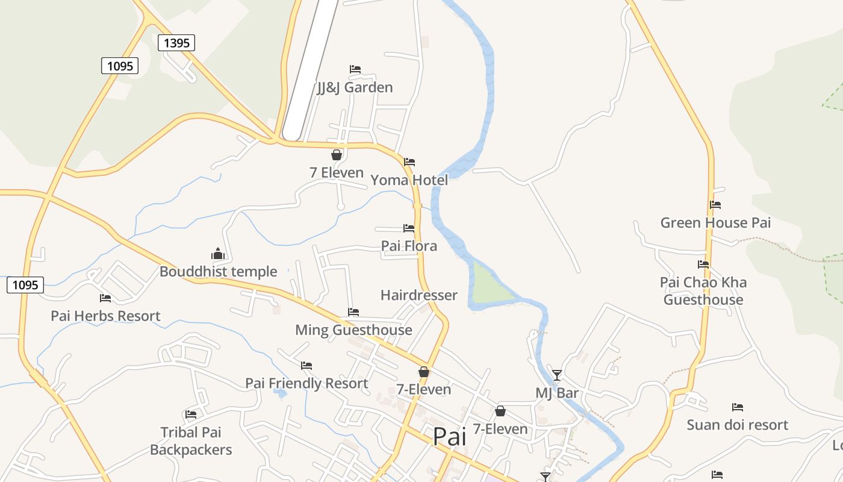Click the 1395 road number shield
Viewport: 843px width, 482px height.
[x=176, y=43]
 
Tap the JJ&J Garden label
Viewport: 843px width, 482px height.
[x=355, y=87]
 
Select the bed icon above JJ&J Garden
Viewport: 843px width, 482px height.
[x=355, y=69]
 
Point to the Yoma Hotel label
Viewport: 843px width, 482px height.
[x=409, y=180]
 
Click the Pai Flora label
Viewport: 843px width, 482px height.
[x=409, y=246]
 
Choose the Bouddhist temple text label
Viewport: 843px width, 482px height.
[x=218, y=272]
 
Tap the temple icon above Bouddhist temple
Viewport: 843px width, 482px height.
[x=218, y=254]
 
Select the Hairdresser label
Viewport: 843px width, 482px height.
[x=418, y=295]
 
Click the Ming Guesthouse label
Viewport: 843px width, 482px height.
[x=353, y=330]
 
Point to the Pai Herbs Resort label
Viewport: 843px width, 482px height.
[x=105, y=316]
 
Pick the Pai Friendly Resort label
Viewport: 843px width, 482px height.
[x=306, y=383]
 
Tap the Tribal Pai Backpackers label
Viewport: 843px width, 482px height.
[x=191, y=441]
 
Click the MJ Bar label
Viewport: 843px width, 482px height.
[x=557, y=393]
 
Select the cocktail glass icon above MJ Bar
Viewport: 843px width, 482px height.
[x=557, y=375]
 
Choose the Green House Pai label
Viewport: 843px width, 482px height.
[x=715, y=223]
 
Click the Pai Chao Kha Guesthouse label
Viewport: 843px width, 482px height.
[x=703, y=291]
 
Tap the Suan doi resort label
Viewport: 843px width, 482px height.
[x=737, y=425]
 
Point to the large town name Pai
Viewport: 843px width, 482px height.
[x=449, y=436]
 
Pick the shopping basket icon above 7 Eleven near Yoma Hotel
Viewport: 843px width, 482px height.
[x=337, y=155]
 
